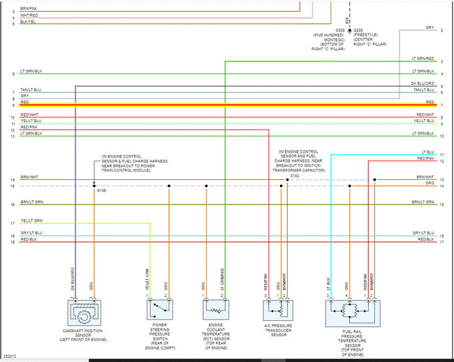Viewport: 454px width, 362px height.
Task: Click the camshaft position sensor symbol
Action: tap(84, 312)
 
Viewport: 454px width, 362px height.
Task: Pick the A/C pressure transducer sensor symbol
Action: tap(277, 308)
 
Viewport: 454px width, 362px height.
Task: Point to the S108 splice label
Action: tap(102, 190)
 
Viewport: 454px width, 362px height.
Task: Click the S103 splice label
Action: tap(295, 176)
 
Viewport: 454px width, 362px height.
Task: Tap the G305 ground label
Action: tap(340, 31)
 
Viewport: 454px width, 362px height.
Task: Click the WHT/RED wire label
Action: tap(29, 15)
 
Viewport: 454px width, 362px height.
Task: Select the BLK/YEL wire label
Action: tap(29, 22)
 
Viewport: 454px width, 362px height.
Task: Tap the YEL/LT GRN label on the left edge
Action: tap(31, 221)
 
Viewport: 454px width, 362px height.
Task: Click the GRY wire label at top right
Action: tap(430, 28)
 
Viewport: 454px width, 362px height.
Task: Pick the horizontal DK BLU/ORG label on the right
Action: tap(422, 84)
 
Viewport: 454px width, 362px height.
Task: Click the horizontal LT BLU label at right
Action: tap(427, 151)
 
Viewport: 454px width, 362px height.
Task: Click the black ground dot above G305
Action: tap(350, 31)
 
